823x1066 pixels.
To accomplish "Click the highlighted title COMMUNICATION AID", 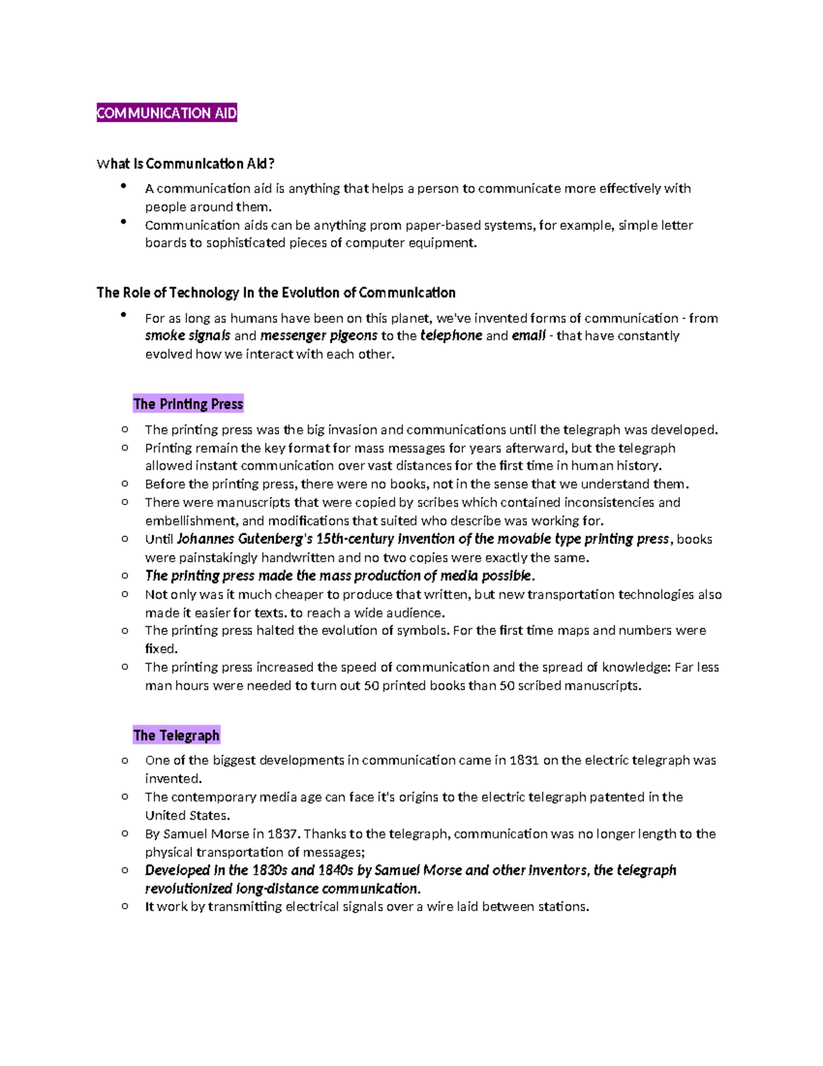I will (x=167, y=113).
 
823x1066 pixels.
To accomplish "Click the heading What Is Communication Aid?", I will (x=185, y=163).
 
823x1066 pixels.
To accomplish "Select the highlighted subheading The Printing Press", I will (x=188, y=404).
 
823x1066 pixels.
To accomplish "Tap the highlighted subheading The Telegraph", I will (x=176, y=735).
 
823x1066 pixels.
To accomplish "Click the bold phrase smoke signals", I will (x=187, y=336).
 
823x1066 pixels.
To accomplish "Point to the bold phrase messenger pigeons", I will (x=318, y=336).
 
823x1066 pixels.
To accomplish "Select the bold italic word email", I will (x=528, y=336).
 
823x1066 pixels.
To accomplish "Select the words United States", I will (x=187, y=815).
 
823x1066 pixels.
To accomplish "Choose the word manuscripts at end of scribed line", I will (x=601, y=685).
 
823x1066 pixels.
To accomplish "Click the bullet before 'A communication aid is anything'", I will (x=123, y=185).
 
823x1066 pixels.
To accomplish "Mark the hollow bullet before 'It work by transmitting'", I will (x=125, y=906).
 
